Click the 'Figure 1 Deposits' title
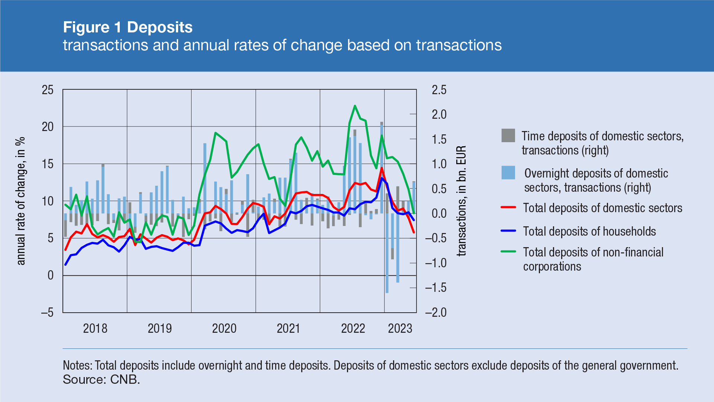[128, 28]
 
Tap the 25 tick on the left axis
[48, 90]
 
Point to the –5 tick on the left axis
[47, 313]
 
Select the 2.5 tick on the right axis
[439, 90]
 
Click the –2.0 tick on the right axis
[435, 312]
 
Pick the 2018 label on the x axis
[95, 328]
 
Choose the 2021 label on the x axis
[288, 328]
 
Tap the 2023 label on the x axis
[400, 328]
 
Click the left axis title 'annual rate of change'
[21, 201]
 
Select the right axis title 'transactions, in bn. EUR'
[461, 201]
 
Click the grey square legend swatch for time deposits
[508, 136]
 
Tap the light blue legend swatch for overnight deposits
[508, 173]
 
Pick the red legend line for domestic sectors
[508, 207]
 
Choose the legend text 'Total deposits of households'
[589, 231]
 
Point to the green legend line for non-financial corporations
[508, 252]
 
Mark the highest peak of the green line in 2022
[355, 106]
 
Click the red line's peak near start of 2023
[382, 168]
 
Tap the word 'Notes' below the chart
[76, 366]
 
